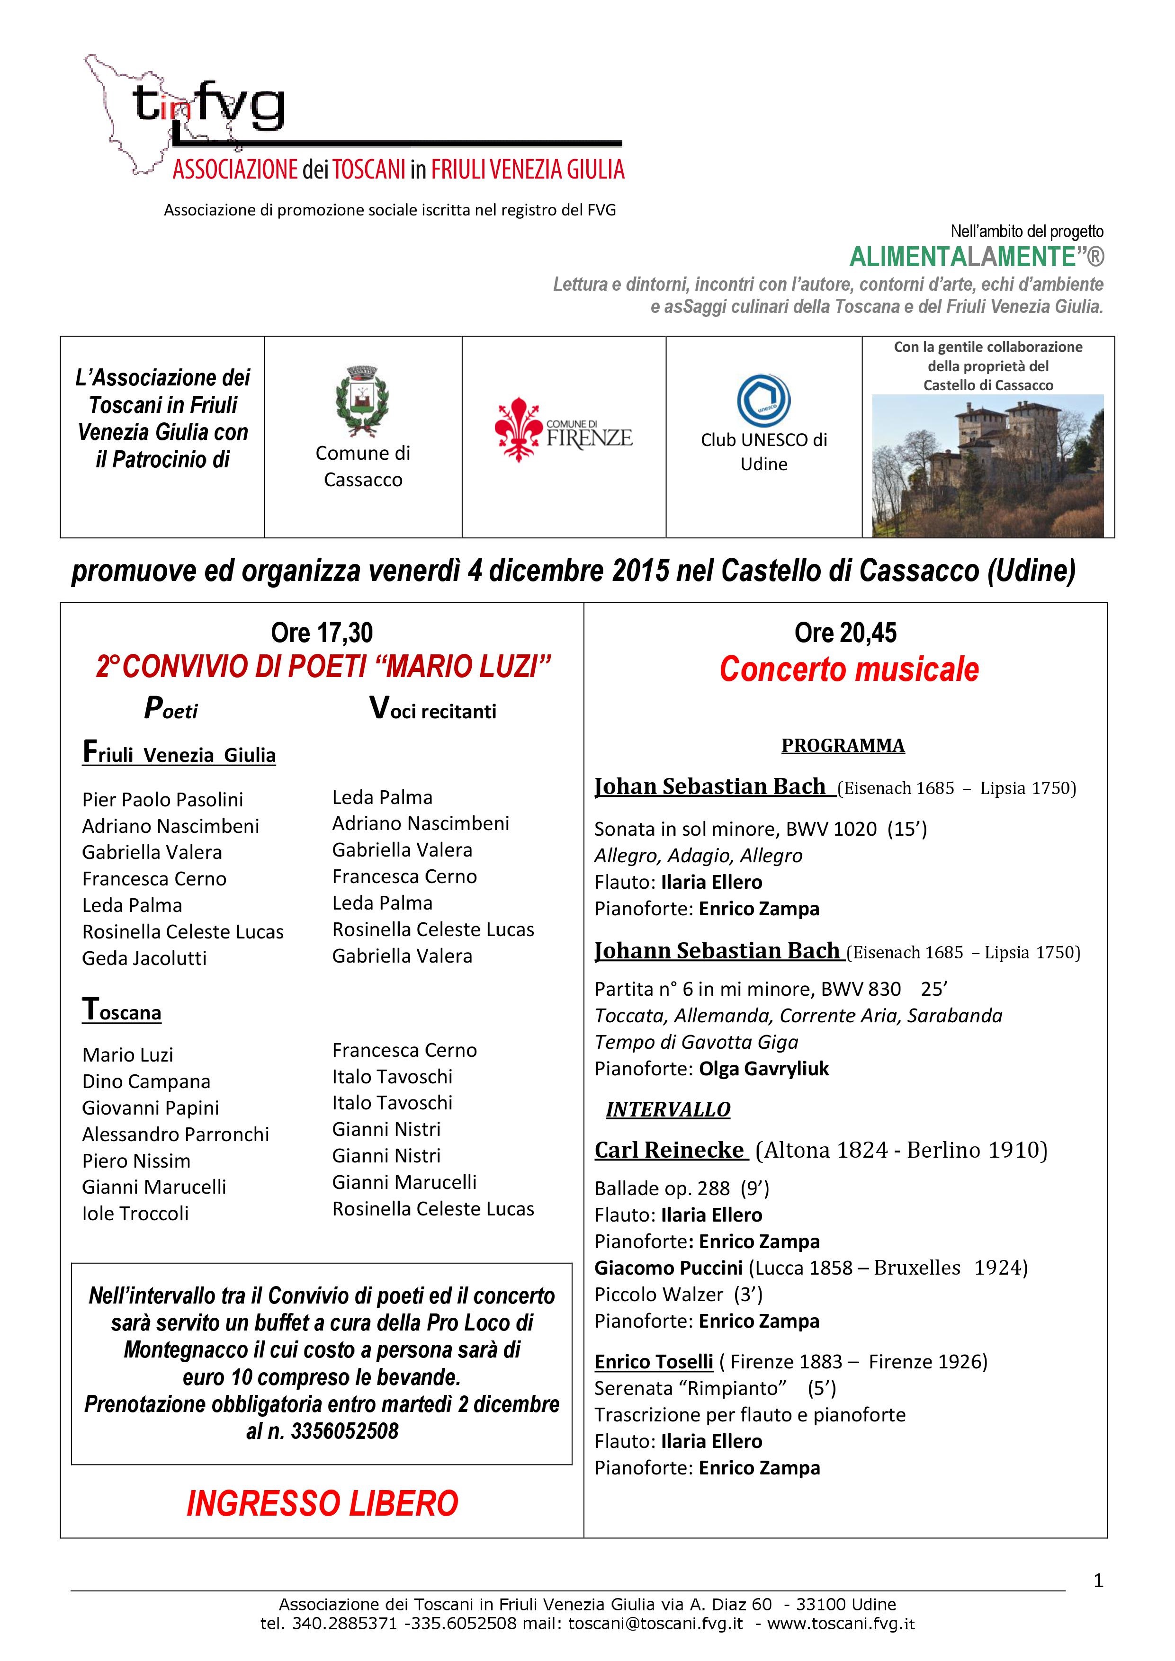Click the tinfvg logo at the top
pos(210,108)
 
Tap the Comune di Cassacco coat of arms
pos(362,402)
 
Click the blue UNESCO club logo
pos(763,401)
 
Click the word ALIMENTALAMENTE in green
pos(960,257)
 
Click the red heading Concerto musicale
pos(849,669)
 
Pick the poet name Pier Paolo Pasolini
pos(163,799)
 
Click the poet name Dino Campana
pos(146,1081)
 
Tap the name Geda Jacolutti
pos(145,958)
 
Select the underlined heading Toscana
pos(122,1010)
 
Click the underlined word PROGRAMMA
pos(843,745)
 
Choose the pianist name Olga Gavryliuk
pos(764,1069)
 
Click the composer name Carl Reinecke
pos(669,1150)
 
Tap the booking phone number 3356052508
pos(344,1431)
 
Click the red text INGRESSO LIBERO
pos(322,1503)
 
